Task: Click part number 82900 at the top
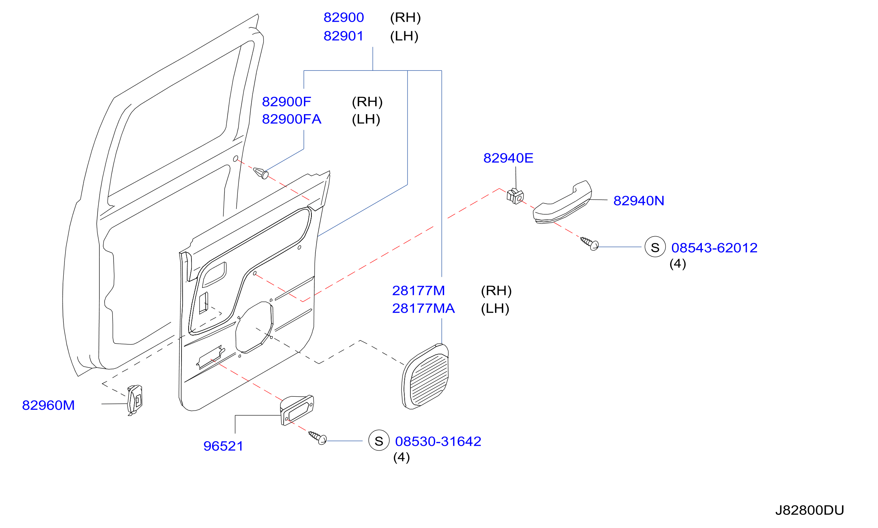point(343,17)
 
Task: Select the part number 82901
point(343,36)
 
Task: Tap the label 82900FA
point(291,119)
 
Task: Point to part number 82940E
point(508,158)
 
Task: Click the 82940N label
point(639,201)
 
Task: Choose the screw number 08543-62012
point(714,248)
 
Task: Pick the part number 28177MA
point(424,308)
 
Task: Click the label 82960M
point(48,405)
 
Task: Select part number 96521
point(223,446)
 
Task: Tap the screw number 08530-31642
point(438,442)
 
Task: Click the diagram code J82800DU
point(809,511)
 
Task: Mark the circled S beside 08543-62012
point(655,247)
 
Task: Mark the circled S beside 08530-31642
point(379,440)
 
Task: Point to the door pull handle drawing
point(562,202)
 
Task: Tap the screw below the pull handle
point(590,243)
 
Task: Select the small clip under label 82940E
point(515,196)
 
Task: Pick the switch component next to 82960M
point(135,400)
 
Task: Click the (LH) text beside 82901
point(404,36)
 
